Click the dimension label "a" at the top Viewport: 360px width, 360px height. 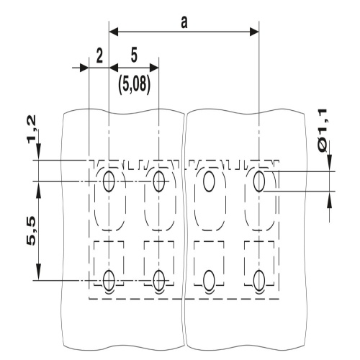[184, 23]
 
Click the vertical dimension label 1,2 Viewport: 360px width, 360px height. [32, 130]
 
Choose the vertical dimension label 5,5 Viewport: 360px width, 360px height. [31, 230]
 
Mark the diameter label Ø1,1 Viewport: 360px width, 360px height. [323, 130]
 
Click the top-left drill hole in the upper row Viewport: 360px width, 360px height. [109, 181]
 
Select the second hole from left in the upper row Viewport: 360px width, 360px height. [159, 181]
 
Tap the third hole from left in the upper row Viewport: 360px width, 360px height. [209, 181]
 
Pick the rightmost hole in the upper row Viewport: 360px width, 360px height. [259, 181]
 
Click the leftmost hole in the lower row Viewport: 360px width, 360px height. [109, 280]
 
